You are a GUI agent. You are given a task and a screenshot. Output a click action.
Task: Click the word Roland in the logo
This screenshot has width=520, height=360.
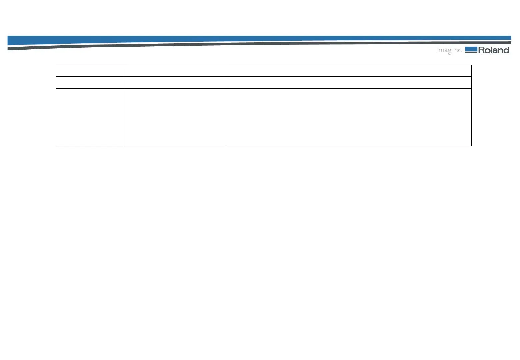[494, 50]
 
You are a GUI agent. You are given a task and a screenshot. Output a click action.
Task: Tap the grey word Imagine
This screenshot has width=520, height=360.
[449, 50]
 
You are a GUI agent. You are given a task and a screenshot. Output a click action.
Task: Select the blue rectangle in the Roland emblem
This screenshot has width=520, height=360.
[471, 49]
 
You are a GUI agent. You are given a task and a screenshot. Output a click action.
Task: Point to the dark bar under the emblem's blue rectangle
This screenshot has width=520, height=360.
[471, 52]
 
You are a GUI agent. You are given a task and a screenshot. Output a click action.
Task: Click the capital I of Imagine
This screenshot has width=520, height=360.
[437, 50]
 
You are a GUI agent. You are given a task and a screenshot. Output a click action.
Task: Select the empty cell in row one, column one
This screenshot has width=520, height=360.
[90, 71]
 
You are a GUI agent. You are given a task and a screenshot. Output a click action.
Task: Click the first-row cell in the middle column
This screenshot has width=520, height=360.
[175, 71]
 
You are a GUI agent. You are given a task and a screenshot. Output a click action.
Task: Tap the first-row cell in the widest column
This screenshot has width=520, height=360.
[349, 71]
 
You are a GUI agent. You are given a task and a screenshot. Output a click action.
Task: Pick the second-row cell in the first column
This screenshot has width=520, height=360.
[90, 82]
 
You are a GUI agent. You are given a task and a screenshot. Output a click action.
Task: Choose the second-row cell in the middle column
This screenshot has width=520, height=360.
[175, 82]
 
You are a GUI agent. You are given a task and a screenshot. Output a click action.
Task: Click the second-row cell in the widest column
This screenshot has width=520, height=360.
[349, 82]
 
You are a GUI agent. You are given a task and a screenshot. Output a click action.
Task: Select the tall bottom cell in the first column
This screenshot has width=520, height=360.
[90, 117]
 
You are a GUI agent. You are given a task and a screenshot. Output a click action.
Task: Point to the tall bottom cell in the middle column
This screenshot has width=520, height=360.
[175, 117]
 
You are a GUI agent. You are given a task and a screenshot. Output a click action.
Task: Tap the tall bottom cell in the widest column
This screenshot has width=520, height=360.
[349, 117]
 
